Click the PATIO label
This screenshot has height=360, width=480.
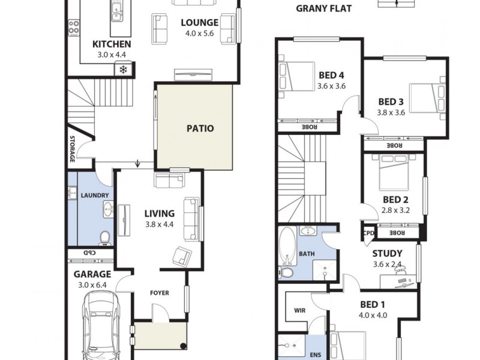point(200,128)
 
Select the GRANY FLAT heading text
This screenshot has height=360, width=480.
point(324,8)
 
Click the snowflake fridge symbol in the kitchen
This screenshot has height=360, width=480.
point(123,70)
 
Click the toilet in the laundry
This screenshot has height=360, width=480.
point(105,238)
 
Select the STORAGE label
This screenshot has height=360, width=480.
point(71,149)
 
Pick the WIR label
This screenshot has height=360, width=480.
point(300,311)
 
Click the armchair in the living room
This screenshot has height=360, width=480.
point(182,256)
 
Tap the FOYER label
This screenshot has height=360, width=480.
point(160,293)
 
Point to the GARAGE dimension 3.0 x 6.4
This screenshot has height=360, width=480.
point(92,286)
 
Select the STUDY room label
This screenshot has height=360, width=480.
point(387,254)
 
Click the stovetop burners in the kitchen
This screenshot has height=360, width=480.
point(74,27)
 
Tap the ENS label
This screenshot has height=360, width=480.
point(315,355)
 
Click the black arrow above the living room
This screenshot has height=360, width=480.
point(138,163)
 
